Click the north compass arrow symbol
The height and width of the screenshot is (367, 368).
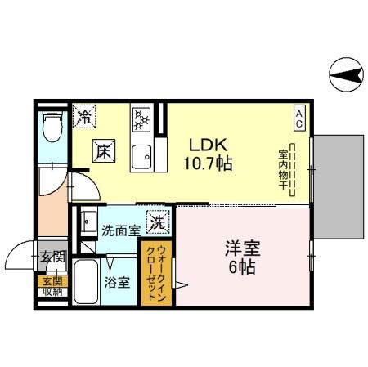347,77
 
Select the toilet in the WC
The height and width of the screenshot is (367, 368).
52,126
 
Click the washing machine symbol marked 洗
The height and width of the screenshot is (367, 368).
157,220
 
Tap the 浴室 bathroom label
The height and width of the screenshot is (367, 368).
117,283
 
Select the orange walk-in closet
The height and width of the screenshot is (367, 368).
157,274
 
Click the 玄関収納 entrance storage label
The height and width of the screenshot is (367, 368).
52,286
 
